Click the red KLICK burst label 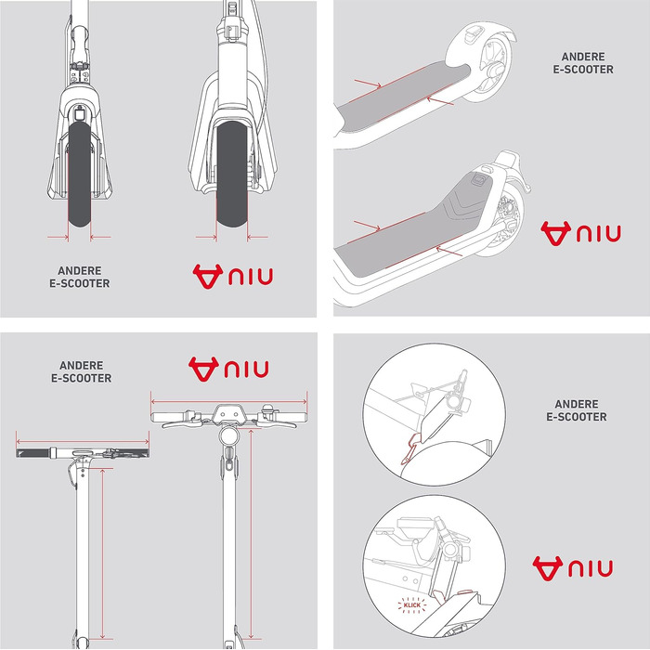pos(411,605)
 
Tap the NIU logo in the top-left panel pos(232,276)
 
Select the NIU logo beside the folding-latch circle pos(573,568)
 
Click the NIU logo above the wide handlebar pos(228,369)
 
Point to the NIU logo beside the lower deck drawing pos(580,233)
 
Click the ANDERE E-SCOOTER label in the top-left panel pos(80,277)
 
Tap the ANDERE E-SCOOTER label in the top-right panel pos(583,63)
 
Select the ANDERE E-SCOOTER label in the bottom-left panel pos(82,371)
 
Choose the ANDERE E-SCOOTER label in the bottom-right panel pos(577,410)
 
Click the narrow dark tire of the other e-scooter pos(79,175)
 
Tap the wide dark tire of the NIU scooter pos(232,175)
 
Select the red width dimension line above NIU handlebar pos(228,402)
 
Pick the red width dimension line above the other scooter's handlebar pos(83,442)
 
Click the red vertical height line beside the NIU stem pos(251,534)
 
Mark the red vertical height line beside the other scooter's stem pos(102,553)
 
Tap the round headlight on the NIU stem pos(228,436)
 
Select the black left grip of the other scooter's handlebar pos(33,453)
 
